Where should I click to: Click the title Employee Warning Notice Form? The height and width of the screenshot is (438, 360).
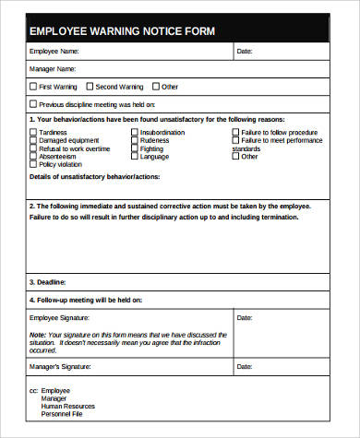pyautogui.click(x=122, y=31)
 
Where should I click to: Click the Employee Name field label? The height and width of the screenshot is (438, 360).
pyautogui.click(x=54, y=53)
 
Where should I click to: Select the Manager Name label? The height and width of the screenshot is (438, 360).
pyautogui.click(x=53, y=69)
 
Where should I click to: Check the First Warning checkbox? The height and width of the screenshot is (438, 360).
pyautogui.click(x=34, y=87)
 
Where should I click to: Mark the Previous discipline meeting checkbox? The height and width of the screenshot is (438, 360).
pyautogui.click(x=34, y=104)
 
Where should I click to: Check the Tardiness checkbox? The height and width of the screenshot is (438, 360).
pyautogui.click(x=34, y=132)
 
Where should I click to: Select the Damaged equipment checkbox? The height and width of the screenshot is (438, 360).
pyautogui.click(x=34, y=140)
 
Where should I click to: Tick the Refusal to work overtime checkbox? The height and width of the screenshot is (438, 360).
pyautogui.click(x=34, y=148)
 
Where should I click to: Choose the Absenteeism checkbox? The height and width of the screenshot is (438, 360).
pyautogui.click(x=34, y=157)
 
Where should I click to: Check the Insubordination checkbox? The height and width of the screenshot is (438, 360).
pyautogui.click(x=135, y=132)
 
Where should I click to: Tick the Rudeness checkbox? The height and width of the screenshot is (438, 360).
pyautogui.click(x=135, y=140)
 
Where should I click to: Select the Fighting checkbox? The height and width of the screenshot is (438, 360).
pyautogui.click(x=135, y=148)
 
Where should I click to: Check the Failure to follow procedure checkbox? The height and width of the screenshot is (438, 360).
pyautogui.click(x=234, y=132)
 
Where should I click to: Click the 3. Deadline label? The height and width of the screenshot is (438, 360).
pyautogui.click(x=48, y=282)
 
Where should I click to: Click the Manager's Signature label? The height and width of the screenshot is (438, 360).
pyautogui.click(x=61, y=368)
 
